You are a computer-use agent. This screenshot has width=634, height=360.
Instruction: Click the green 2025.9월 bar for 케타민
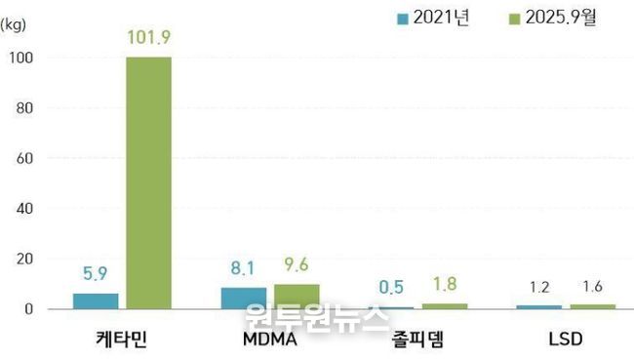(x=148, y=182)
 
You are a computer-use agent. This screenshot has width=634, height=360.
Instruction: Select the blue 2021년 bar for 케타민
(x=96, y=300)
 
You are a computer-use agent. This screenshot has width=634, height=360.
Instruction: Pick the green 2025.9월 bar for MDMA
(x=297, y=297)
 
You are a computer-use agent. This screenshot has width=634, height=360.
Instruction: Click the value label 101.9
(x=148, y=38)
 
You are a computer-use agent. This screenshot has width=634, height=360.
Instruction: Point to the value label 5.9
(x=96, y=275)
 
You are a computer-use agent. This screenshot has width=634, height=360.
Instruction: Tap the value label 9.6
(x=297, y=264)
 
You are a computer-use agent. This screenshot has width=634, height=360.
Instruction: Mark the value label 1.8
(x=446, y=285)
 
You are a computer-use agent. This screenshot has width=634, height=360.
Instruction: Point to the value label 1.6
(x=592, y=288)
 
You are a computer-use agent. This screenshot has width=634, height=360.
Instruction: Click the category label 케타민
(x=120, y=341)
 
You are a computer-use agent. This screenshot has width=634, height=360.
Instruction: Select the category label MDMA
(x=270, y=341)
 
